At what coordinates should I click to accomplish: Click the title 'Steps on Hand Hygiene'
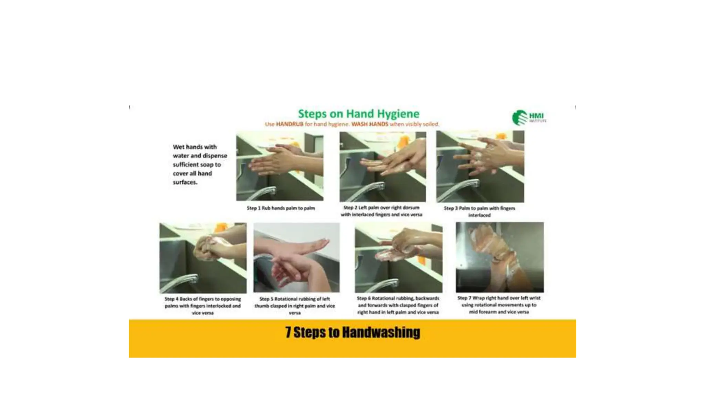coord(358,114)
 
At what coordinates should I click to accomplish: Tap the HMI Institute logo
coord(528,118)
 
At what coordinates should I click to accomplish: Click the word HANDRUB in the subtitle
coord(290,124)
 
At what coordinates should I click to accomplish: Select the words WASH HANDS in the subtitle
coord(369,124)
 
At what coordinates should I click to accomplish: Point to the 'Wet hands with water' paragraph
coord(200,164)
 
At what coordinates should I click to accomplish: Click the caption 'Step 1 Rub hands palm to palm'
coord(281,208)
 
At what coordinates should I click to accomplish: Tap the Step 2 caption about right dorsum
coord(381,211)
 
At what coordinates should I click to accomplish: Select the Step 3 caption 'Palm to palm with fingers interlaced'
coord(479,212)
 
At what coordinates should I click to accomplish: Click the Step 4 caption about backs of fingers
coord(203,306)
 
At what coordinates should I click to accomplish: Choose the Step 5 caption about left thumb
coord(295,306)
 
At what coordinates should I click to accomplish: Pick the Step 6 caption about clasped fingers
coord(398,305)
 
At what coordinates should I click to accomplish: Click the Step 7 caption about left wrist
coord(499,305)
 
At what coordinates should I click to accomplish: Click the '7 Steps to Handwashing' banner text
coord(352,333)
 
